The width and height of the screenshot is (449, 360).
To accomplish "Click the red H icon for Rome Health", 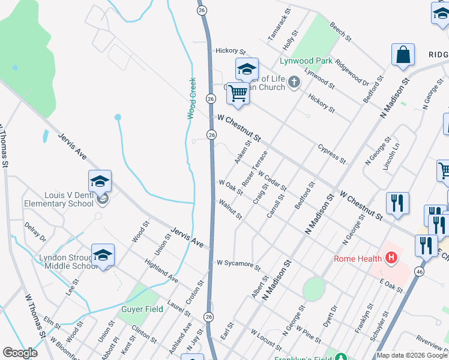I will coord(391,259).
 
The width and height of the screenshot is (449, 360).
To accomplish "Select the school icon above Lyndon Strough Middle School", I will coord(103,256).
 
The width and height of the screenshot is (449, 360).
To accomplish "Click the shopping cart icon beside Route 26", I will coord(238,94).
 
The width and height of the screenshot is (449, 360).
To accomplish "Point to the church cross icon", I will coord(294,82).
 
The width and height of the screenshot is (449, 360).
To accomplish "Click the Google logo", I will coord(20,353).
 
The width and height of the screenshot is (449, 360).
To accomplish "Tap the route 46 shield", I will coord(419,272).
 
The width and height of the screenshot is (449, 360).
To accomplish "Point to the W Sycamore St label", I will coord(238,264).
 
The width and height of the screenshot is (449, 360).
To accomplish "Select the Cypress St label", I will coord(332,154).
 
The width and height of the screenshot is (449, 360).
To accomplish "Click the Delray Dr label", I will coord(35,232).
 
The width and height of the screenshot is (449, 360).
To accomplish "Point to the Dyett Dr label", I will coord(330,315).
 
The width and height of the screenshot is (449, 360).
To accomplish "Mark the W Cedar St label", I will coord(273,181).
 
